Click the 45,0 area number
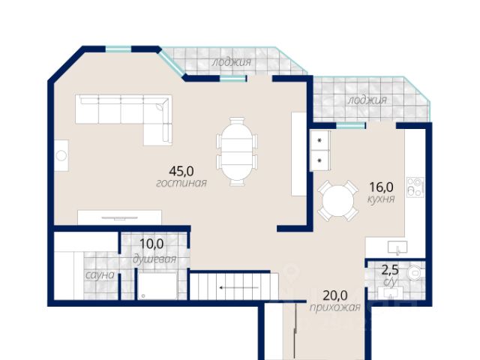181,171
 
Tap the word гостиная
181,183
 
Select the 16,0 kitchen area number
382,187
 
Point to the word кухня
381,199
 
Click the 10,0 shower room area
151,244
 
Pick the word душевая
154,259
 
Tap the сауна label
100,275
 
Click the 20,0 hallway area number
335,295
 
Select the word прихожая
335,307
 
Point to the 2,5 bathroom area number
390,270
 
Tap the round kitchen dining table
338,201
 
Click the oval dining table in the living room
237,151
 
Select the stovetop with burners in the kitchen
415,187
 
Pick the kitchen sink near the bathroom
397,247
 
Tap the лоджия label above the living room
232,62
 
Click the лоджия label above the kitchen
367,100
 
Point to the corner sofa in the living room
124,119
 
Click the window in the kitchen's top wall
351,125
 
